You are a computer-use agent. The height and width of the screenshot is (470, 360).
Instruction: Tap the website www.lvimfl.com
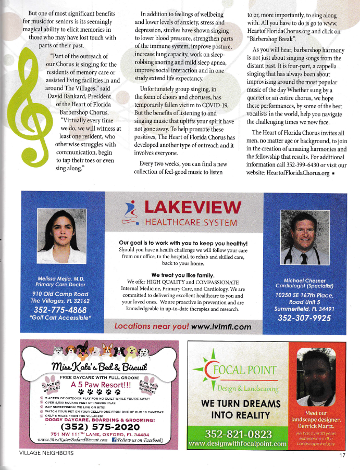221,327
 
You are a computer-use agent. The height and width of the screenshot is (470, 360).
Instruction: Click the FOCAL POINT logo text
241,371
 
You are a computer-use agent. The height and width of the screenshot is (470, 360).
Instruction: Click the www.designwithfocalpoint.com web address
238,444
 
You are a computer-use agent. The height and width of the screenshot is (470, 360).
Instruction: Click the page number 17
342,455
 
